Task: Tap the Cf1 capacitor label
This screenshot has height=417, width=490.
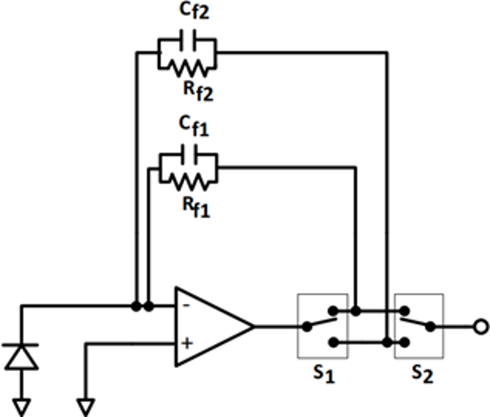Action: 194,126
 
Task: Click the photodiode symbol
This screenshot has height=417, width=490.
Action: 21,356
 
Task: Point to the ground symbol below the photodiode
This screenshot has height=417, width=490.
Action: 21,405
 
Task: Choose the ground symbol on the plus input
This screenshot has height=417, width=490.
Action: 86,405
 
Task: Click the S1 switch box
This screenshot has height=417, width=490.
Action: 322,326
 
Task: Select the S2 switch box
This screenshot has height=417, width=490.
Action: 418,326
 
